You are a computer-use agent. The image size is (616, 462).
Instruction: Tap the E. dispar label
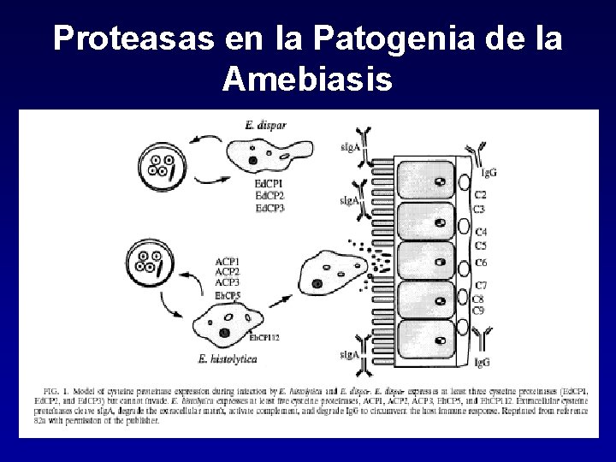click(x=265, y=126)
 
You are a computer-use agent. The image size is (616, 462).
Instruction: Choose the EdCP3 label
click(x=269, y=208)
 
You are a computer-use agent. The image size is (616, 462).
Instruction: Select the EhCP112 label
click(x=265, y=337)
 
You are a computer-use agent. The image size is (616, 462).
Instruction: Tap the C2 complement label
click(x=481, y=196)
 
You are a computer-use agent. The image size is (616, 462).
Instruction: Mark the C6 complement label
click(x=481, y=262)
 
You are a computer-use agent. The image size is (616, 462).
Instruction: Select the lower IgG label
click(x=483, y=363)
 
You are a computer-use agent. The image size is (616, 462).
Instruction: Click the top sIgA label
click(x=349, y=147)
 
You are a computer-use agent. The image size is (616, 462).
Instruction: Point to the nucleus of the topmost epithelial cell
click(x=438, y=181)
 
